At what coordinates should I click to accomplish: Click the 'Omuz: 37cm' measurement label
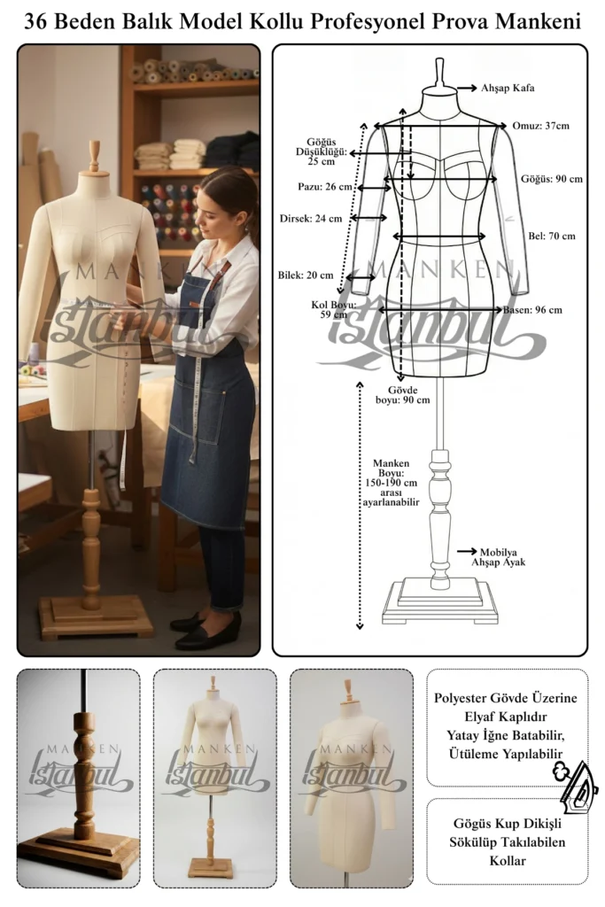[540, 126]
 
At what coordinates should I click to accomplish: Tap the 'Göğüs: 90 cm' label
[552, 179]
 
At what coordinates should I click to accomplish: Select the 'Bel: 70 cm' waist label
[552, 236]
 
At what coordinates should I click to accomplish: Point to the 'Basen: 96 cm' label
[532, 309]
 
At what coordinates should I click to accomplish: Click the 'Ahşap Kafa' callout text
[508, 88]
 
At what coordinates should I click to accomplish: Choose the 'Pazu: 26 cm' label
[324, 186]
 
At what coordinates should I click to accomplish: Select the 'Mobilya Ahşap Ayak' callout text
[498, 557]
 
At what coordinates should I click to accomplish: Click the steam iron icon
[576, 783]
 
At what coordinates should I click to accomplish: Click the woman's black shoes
[206, 630]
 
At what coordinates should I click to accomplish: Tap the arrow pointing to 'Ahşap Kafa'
[467, 88]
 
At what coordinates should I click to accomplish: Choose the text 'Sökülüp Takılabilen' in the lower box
[508, 841]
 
